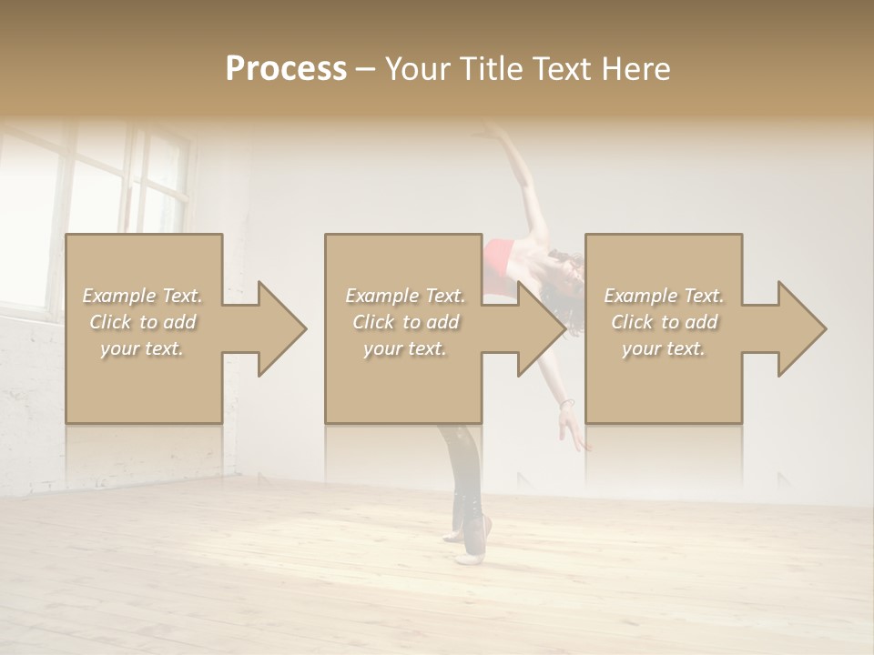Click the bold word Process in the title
click(286, 68)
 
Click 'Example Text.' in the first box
click(143, 296)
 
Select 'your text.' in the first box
click(143, 348)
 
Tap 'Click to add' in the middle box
click(405, 322)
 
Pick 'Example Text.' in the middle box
click(405, 296)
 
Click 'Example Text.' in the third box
click(664, 296)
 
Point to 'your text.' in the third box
click(664, 348)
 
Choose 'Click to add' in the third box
click(664, 322)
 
